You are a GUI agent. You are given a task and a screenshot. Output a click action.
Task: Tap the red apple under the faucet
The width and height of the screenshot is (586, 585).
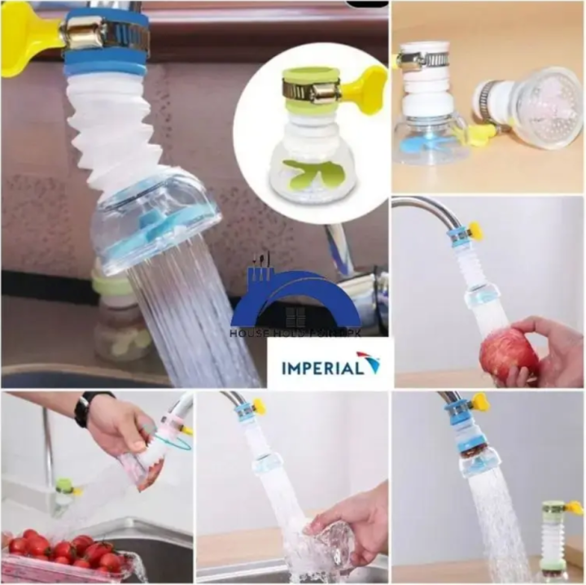point(508,353)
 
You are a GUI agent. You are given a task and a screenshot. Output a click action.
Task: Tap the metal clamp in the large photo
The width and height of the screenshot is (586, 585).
point(105,33)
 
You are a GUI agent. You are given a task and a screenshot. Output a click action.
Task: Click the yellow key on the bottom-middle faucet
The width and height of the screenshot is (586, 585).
point(259,405)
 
